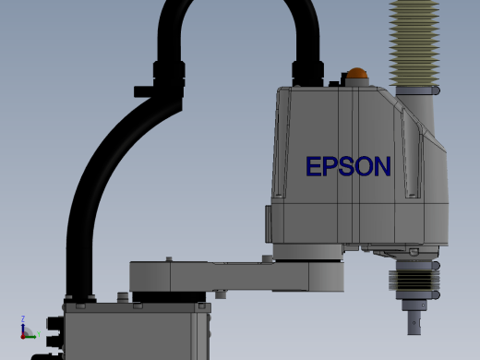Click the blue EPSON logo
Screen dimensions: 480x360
click(x=348, y=166)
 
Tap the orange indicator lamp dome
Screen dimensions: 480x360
click(x=357, y=73)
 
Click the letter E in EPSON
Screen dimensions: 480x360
click(x=314, y=166)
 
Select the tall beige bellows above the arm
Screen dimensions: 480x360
click(x=414, y=43)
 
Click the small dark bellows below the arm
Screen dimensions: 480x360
click(x=414, y=280)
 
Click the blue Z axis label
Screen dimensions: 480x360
click(x=23, y=318)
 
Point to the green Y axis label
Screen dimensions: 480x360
click(x=39, y=334)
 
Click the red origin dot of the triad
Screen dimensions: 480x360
click(x=23, y=337)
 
